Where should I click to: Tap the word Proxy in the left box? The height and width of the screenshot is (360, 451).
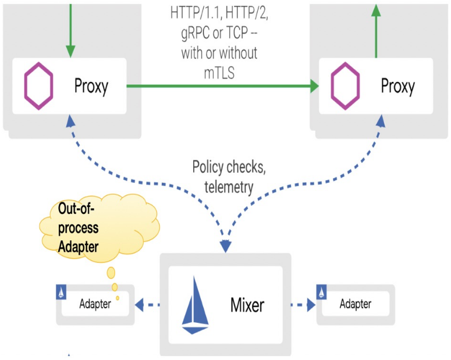pyautogui.click(x=91, y=86)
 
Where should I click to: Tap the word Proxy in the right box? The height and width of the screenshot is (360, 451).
pyautogui.click(x=397, y=87)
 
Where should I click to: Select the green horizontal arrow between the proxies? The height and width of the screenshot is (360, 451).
pyautogui.click(x=221, y=86)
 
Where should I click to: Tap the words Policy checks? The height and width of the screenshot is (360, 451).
pyautogui.click(x=229, y=168)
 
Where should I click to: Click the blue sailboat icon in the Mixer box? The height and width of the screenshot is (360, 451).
pyautogui.click(x=196, y=305)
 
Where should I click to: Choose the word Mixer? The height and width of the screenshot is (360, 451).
pyautogui.click(x=247, y=304)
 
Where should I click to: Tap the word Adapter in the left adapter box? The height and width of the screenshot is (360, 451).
pyautogui.click(x=95, y=304)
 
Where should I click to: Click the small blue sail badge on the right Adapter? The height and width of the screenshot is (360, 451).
pyautogui.click(x=321, y=292)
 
